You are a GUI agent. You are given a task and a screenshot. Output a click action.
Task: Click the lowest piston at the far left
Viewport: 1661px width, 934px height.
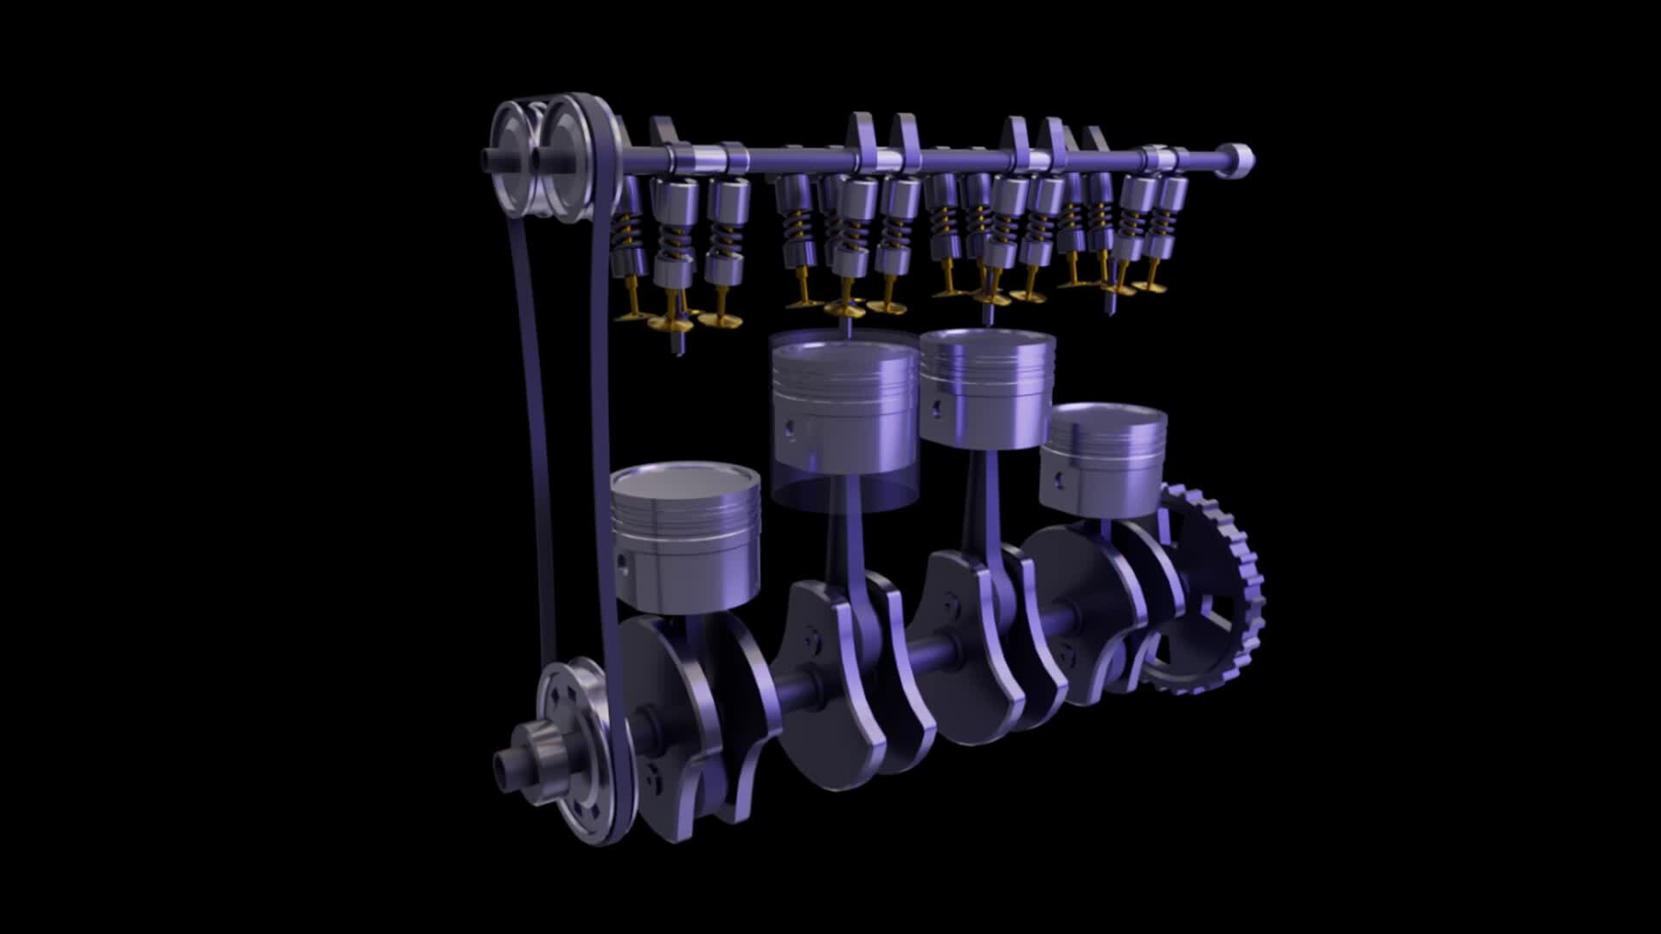(685, 541)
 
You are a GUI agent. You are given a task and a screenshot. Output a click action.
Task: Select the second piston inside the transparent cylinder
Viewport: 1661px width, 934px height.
(843, 406)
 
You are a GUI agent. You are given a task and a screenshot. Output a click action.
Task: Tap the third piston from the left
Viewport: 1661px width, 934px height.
(986, 389)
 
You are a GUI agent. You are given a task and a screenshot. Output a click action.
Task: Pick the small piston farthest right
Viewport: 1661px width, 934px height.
(1103, 458)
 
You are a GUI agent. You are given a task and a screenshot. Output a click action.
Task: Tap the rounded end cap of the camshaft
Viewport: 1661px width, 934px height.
(1239, 161)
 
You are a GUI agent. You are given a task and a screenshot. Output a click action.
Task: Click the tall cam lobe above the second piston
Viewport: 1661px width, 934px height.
(860, 134)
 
